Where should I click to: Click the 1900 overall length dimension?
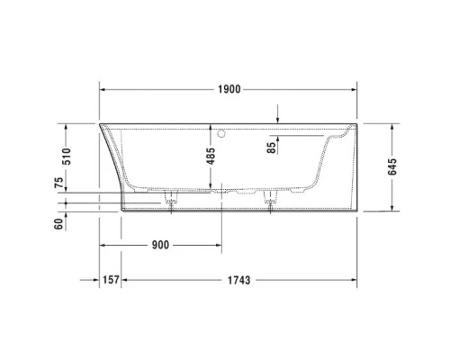click(229, 89)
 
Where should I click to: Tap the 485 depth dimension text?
click(211, 155)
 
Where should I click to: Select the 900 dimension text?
click(160, 245)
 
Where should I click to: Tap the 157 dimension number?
click(109, 280)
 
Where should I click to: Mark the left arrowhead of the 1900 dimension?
click(103, 89)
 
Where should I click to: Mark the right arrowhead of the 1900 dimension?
click(355, 89)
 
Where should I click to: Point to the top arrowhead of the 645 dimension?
click(392, 127)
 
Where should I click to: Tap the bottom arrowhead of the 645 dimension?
click(392, 208)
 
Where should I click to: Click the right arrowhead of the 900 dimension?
click(217, 245)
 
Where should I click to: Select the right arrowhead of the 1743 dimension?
click(355, 280)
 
